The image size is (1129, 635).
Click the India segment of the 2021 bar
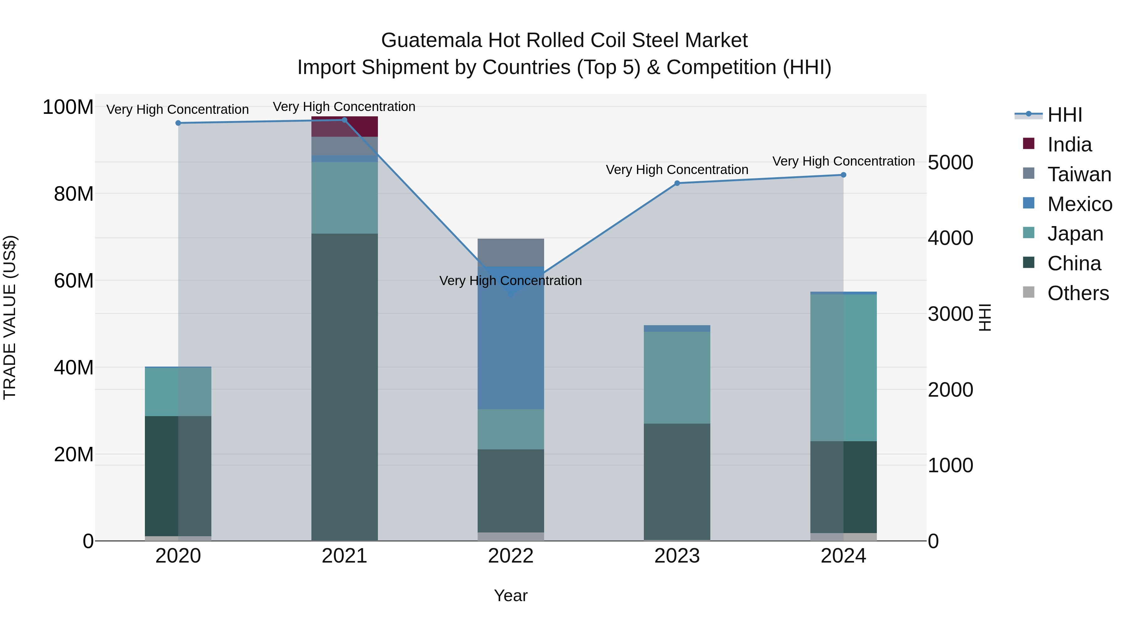tap(344, 127)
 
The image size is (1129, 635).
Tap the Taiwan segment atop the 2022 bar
tap(511, 252)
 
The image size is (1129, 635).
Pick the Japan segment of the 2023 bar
tap(677, 377)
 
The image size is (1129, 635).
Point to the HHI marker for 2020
tap(178, 123)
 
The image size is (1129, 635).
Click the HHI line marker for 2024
tap(843, 175)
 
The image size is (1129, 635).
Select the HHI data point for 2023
tap(677, 183)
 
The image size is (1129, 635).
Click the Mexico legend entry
tap(1079, 204)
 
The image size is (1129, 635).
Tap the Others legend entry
tap(1077, 293)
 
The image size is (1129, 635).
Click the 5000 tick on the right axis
tap(950, 162)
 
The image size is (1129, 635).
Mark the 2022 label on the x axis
tap(511, 556)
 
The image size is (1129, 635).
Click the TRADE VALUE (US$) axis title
tap(10, 317)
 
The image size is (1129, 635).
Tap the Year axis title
tap(511, 595)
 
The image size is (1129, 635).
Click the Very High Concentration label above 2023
tap(677, 170)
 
